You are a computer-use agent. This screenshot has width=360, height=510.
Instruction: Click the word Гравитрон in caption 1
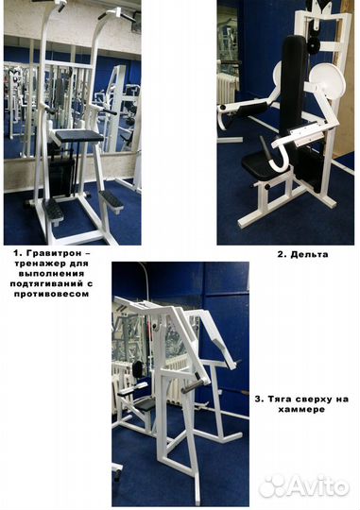coord(53,253)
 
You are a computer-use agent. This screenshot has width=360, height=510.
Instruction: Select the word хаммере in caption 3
coord(301,409)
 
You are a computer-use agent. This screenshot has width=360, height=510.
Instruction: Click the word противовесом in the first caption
coord(51,294)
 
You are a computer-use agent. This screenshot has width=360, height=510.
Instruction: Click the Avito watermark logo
coord(304,486)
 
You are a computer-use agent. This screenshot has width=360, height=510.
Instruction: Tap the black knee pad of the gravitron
coord(79,135)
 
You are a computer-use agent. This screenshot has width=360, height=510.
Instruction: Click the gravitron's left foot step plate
coord(54,212)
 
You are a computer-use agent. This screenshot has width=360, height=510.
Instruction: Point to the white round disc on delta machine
coord(327,80)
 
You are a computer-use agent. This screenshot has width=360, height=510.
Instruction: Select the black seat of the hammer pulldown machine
coord(145,405)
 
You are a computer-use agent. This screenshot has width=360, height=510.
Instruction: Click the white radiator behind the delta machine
coord(226,87)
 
